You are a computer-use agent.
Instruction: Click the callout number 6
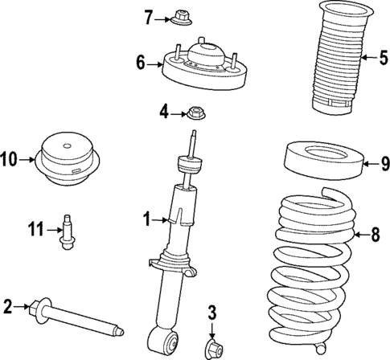coord(141,61)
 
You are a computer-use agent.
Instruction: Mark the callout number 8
coord(375,235)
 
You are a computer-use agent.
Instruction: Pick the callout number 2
coord(7,305)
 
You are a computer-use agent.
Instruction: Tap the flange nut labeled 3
coord(214,348)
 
